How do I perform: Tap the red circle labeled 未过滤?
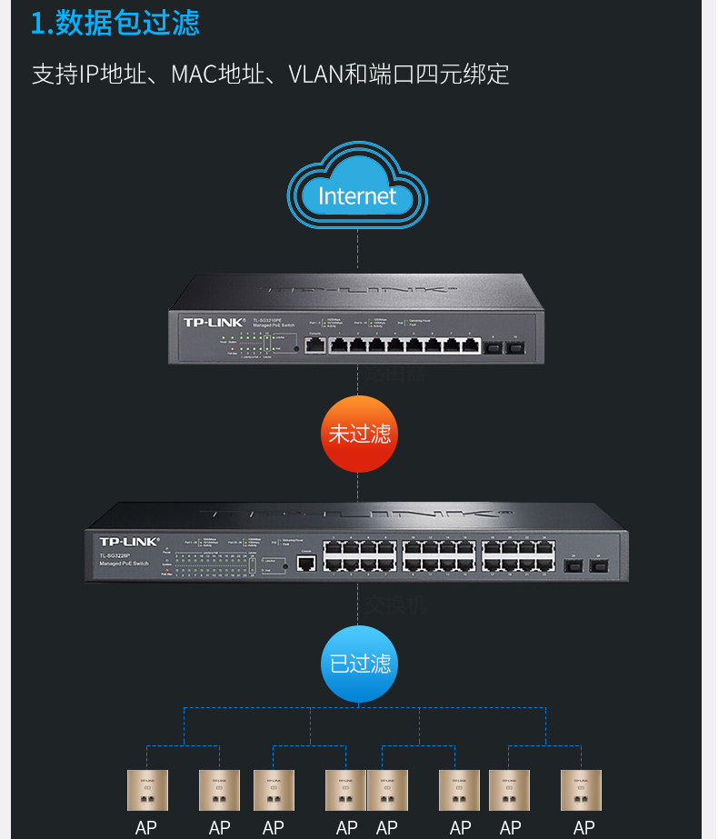359,434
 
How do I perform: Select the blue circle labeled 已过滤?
359,663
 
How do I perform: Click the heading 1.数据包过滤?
115,24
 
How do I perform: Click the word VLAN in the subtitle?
315,74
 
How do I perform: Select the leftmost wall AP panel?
147,790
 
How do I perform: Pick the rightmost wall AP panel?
582,790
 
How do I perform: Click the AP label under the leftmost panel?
146,828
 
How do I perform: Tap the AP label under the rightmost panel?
583,828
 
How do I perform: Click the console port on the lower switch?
306,564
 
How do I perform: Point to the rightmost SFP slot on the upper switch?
516,345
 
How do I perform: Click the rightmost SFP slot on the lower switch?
599,565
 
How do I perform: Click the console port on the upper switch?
314,345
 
